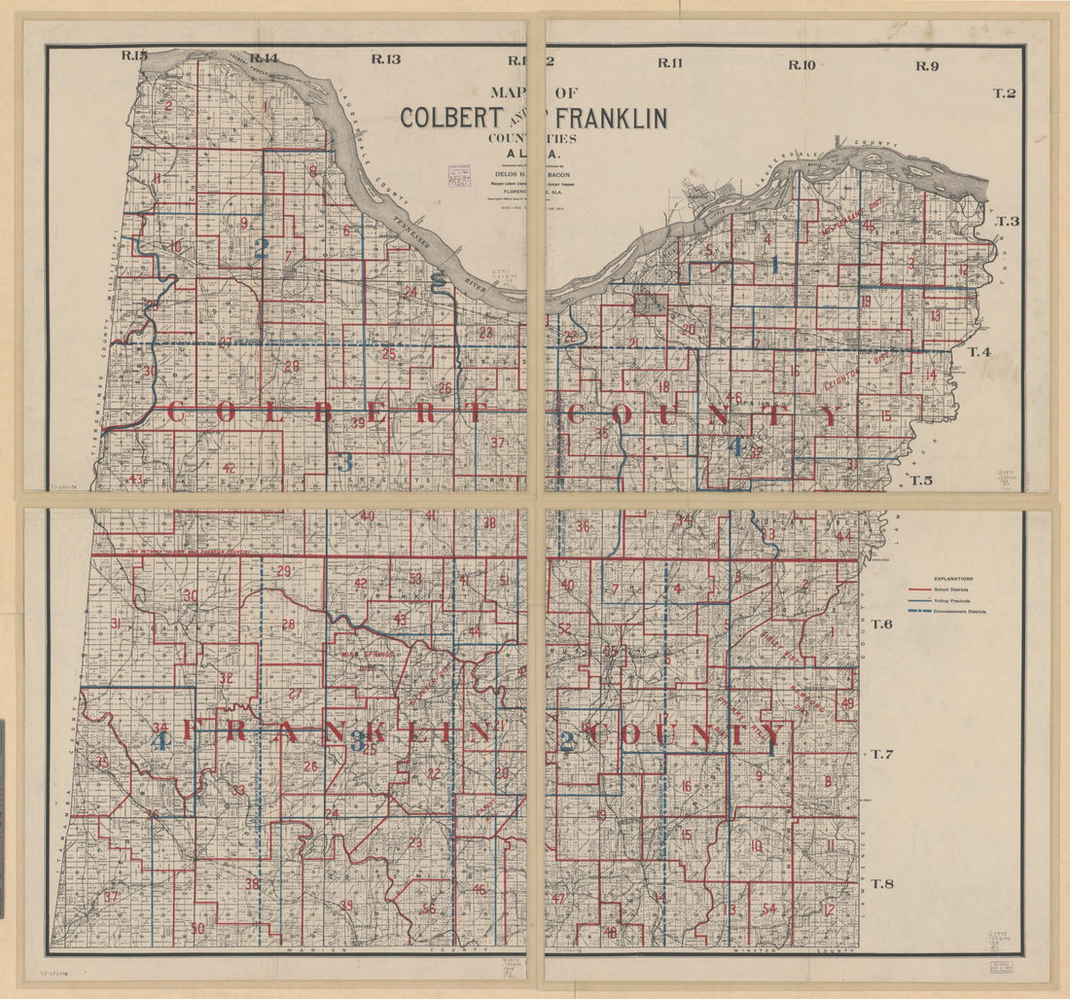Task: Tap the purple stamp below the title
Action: click(x=458, y=175)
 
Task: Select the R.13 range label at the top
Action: click(x=385, y=59)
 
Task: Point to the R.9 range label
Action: click(x=926, y=66)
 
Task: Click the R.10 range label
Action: click(x=802, y=65)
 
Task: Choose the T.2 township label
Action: click(x=1004, y=93)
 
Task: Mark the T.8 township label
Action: click(x=882, y=883)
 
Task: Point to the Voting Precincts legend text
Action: click(x=962, y=601)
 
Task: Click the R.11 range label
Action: click(x=669, y=63)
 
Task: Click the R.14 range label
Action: click(x=264, y=58)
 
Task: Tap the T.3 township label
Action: click(x=1008, y=222)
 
